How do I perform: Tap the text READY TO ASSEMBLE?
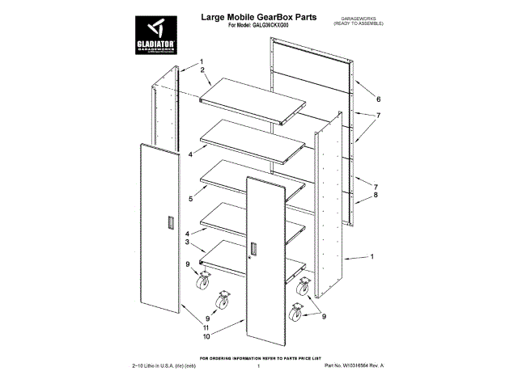click(354, 23)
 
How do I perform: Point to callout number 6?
click(377, 99)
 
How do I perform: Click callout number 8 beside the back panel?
click(375, 195)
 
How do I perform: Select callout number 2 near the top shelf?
click(202, 70)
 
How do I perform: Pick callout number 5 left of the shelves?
click(190, 198)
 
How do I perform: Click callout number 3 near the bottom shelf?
click(187, 242)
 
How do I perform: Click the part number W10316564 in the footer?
click(353, 366)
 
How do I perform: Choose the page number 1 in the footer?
click(257, 367)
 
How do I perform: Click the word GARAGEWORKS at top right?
click(354, 16)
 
